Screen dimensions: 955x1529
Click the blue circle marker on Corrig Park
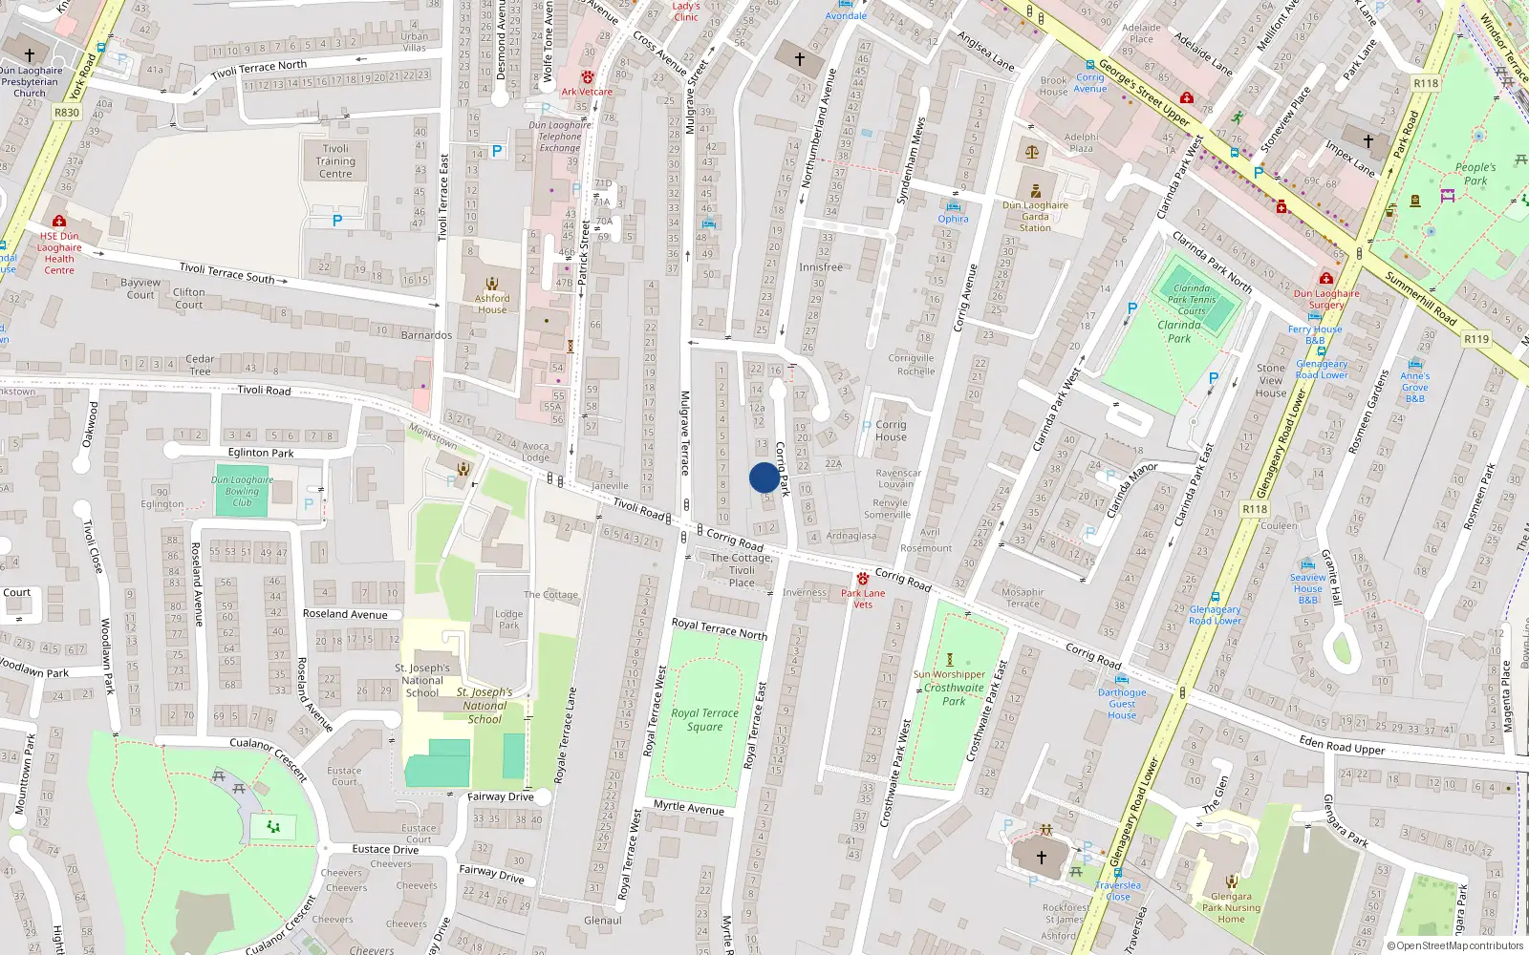(764, 477)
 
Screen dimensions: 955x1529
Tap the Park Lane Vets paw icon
(863, 579)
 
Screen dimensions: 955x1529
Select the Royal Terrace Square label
(704, 720)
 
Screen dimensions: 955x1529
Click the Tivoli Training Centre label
(335, 161)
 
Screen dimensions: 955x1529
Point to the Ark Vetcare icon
(588, 77)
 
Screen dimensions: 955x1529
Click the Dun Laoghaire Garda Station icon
(1035, 191)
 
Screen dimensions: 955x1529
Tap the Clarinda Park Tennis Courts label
(1192, 300)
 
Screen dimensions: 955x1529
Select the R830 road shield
(67, 112)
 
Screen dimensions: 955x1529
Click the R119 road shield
(1476, 339)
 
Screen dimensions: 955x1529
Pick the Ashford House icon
(492, 284)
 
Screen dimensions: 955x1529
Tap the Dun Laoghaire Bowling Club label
(242, 491)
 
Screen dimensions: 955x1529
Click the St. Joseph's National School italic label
(485, 706)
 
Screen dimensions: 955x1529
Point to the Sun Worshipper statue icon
(949, 660)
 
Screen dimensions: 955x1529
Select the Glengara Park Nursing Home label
(1231, 907)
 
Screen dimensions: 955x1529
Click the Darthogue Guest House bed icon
(1122, 679)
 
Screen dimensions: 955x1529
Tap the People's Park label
(1475, 174)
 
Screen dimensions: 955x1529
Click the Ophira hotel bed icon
(953, 206)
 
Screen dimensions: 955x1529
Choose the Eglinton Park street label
(261, 453)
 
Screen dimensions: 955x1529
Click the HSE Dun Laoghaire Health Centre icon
(59, 221)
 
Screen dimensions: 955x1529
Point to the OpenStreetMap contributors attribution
(1454, 945)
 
